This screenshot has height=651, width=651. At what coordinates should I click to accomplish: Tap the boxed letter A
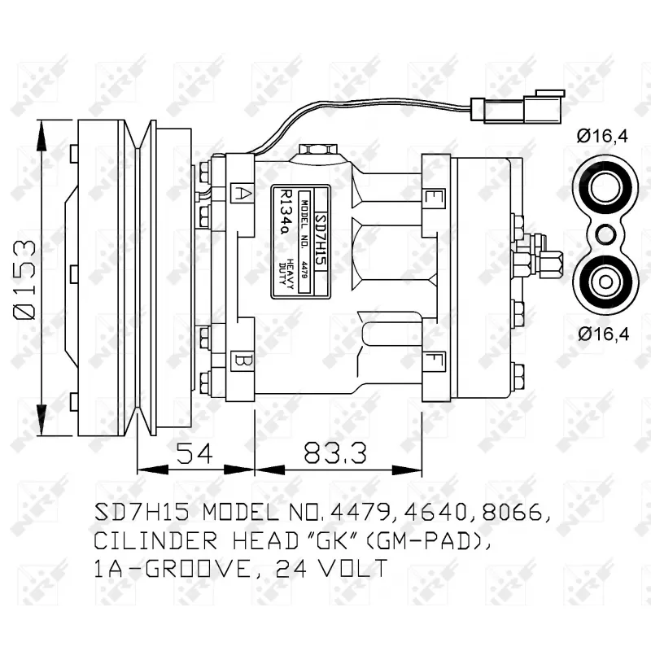(242, 193)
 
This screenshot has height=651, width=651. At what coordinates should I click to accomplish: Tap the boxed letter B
(242, 359)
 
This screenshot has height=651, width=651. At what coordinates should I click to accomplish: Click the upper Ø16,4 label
(602, 137)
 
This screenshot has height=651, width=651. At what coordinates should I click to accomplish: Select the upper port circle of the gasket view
(602, 190)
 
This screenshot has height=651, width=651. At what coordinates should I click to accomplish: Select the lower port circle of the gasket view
(602, 282)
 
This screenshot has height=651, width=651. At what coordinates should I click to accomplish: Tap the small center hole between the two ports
(602, 235)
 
